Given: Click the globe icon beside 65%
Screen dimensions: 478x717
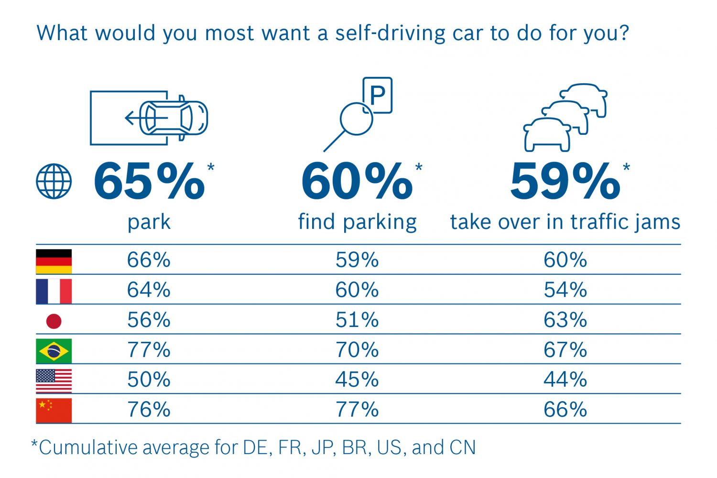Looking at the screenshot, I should [x=54, y=181].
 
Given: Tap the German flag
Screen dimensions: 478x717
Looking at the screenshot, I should [x=54, y=261].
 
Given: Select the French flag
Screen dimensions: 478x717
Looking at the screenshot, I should [x=54, y=291].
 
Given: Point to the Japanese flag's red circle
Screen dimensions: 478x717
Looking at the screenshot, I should [x=54, y=321].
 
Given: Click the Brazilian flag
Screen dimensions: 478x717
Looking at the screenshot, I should [x=54, y=351].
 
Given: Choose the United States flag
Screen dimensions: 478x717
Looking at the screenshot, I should [x=54, y=381].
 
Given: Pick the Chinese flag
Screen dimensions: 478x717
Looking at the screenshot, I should [x=54, y=411].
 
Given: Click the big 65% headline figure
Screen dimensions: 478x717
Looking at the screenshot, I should [x=149, y=182].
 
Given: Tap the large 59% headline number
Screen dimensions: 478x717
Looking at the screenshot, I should [x=565, y=182].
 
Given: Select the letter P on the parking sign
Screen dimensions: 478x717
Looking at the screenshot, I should [x=378, y=96].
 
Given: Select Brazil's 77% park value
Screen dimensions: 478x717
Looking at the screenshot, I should [x=149, y=350].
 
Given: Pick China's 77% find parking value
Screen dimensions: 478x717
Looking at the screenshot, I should [x=357, y=410].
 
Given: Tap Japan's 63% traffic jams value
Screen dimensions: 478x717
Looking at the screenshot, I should [x=565, y=320].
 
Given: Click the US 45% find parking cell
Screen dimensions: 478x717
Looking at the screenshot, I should [x=357, y=380].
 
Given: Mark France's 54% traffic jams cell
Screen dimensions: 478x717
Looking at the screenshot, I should [x=565, y=290].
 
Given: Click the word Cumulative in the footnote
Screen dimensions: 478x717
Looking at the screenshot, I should [x=88, y=448].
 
